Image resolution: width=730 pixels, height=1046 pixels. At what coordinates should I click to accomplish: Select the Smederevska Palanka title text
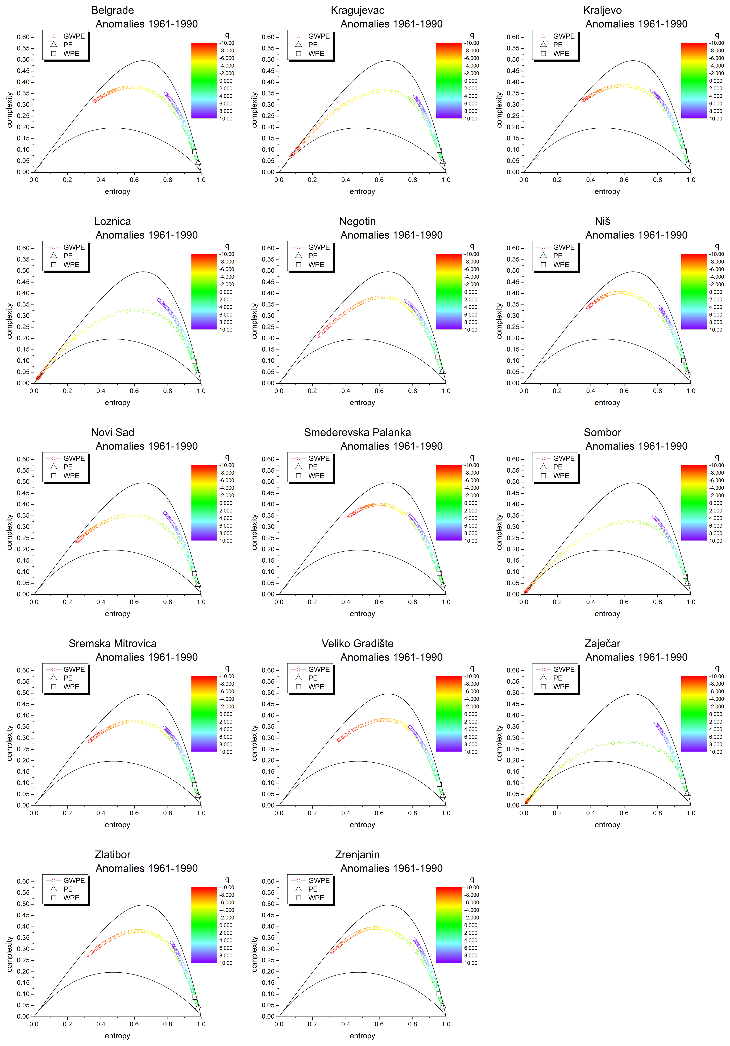coord(357,432)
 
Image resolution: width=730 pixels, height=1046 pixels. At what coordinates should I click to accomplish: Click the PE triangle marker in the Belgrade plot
coord(198,162)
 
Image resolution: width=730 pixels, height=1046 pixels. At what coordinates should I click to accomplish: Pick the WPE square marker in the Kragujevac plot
coord(439,150)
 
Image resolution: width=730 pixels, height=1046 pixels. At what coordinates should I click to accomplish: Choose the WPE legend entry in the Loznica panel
coord(71,265)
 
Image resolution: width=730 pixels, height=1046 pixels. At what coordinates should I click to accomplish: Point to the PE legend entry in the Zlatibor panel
coord(68,889)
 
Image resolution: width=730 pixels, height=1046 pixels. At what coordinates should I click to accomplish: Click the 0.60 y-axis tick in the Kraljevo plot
coord(513,37)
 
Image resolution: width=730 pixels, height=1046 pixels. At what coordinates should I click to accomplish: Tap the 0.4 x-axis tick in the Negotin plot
coord(346,391)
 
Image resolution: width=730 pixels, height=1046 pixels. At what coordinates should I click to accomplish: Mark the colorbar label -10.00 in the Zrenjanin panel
coord(472,888)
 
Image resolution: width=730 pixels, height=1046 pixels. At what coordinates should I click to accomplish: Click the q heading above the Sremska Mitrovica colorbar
coord(227,668)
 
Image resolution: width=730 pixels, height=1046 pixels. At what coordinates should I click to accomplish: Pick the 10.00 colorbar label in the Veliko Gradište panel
coord(471,752)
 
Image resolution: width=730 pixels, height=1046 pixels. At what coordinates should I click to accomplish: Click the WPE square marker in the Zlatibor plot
coord(195,997)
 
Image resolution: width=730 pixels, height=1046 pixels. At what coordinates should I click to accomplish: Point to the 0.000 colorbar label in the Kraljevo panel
coord(715,81)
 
